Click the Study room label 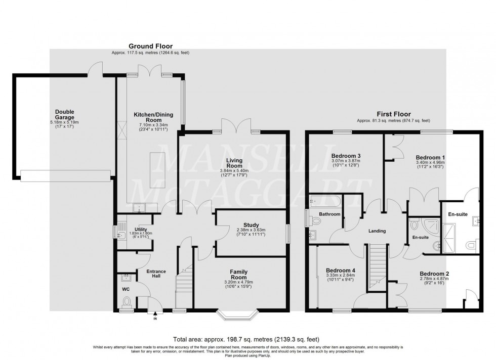tap(251, 225)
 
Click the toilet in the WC tap(126, 302)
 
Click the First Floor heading tap(393, 114)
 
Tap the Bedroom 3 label tap(346, 155)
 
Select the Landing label tap(377, 231)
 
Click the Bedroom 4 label tap(341, 271)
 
